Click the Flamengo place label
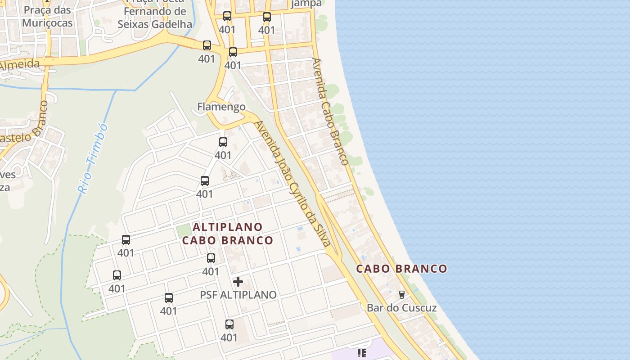(x=221, y=107)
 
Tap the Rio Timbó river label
(x=93, y=158)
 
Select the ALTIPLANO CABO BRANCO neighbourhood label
(x=228, y=234)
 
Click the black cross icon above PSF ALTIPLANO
(x=238, y=282)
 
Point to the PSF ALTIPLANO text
(x=238, y=295)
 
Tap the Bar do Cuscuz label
(x=401, y=308)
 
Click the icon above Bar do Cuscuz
(x=401, y=295)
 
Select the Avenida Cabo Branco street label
(x=330, y=111)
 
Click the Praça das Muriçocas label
(x=47, y=16)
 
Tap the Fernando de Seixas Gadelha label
(x=155, y=18)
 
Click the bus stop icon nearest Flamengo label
(x=223, y=142)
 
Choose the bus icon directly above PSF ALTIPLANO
(x=211, y=258)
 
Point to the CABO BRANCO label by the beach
(x=402, y=269)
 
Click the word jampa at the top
(x=306, y=4)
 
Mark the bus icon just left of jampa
(x=267, y=17)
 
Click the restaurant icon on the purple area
(x=361, y=353)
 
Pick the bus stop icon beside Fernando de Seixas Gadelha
(x=207, y=45)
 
